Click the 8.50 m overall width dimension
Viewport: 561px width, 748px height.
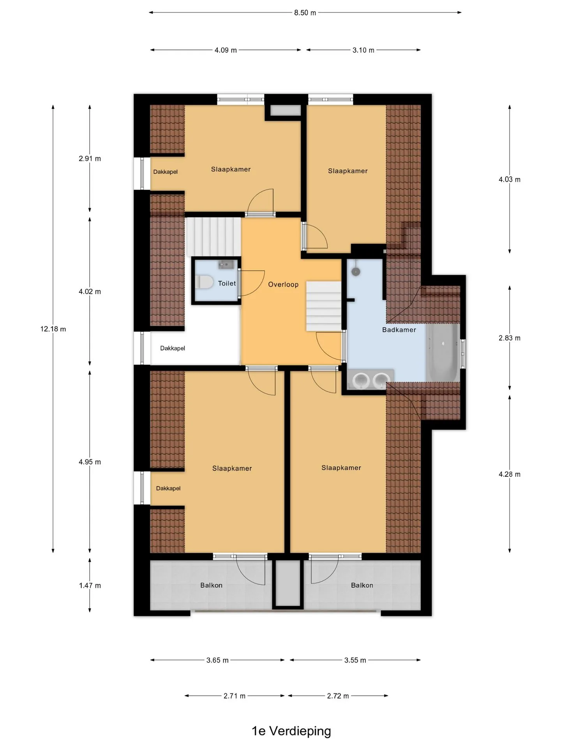[305, 12]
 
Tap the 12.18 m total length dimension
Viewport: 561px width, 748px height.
[53, 329]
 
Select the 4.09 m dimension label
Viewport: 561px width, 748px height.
[226, 50]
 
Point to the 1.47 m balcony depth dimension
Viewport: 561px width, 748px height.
[90, 586]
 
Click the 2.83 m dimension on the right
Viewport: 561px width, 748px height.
[510, 338]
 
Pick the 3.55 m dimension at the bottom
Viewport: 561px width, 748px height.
[355, 660]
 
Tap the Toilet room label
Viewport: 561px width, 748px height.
[227, 284]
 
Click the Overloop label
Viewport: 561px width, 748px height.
[283, 284]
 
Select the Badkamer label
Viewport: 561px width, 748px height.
[399, 330]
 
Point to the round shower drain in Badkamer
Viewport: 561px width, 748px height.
[355, 271]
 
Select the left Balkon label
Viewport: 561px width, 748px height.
[211, 585]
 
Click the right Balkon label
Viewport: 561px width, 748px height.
[362, 585]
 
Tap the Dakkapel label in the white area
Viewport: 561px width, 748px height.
[173, 348]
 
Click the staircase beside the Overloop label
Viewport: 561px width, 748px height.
[323, 307]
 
